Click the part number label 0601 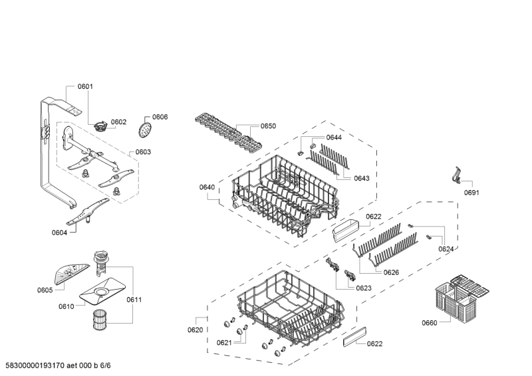[85, 86]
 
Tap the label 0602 [118, 122]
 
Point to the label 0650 [268, 126]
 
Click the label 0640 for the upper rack [207, 188]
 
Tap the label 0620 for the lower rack [195, 329]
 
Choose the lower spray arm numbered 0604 [87, 214]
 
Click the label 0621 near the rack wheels [223, 343]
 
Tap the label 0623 [364, 288]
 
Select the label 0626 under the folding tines [391, 272]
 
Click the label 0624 [446, 249]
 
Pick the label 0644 [334, 138]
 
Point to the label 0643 [361, 177]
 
